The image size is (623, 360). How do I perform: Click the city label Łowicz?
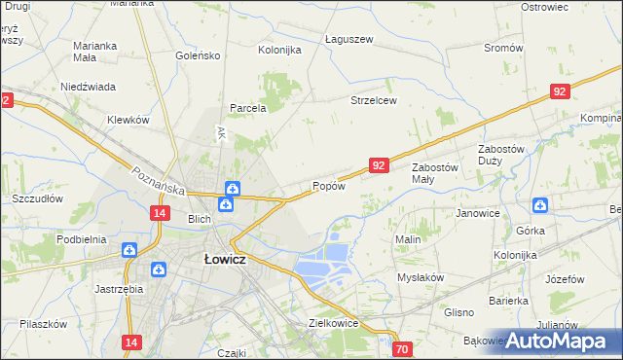point(224,260)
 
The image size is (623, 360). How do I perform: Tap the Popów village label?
point(328,186)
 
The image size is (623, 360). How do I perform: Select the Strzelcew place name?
point(374,100)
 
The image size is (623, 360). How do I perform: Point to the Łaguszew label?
point(348,40)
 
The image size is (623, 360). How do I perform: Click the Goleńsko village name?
point(199,55)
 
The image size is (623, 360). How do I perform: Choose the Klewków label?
point(128,120)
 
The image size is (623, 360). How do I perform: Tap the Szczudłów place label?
point(37,198)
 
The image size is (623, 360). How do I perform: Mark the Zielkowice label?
point(334,322)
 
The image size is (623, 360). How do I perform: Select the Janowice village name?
point(477,212)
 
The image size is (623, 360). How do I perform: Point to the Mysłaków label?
point(421,277)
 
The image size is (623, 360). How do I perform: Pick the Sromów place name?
point(503,48)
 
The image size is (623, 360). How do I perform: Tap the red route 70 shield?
point(403,347)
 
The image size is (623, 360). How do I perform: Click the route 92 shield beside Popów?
point(380,166)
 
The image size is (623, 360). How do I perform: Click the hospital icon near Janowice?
point(540,204)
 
